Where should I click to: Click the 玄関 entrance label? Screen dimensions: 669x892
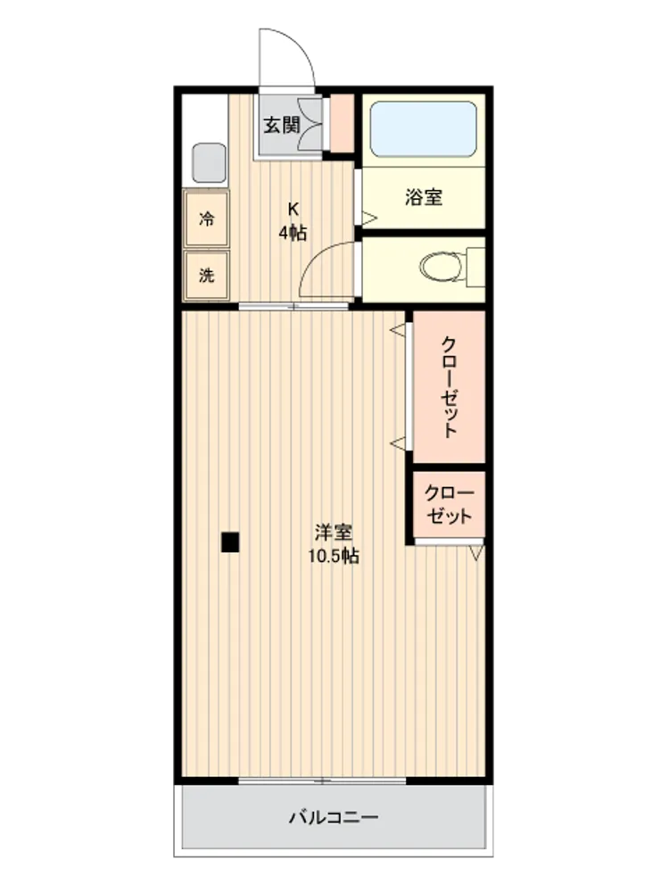coord(282,125)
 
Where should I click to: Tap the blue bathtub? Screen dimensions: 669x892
coord(423,129)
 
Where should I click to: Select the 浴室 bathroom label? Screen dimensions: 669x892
coord(423,197)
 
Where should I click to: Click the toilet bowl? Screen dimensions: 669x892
coord(442,267)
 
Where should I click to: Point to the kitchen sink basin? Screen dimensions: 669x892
coord(209,162)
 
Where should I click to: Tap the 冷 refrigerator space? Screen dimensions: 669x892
coord(207,219)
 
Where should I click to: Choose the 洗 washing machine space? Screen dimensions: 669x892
coord(207,276)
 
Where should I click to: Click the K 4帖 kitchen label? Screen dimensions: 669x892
coord(293,221)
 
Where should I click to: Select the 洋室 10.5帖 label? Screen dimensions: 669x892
coord(334,544)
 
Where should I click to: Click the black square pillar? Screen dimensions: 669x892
coord(230,542)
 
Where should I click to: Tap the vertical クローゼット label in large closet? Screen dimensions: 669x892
coord(450,387)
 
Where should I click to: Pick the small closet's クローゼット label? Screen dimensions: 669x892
coord(449,505)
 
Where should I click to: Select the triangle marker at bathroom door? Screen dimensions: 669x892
coord(369,218)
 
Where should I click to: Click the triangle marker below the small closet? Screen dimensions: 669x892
coord(476,553)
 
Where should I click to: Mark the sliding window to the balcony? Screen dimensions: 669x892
coord(322,780)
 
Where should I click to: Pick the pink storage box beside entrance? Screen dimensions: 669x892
coord(343,123)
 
